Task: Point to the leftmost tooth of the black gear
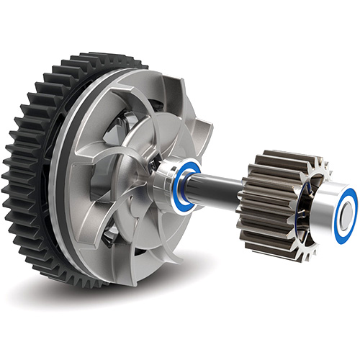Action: (x=6, y=173)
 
